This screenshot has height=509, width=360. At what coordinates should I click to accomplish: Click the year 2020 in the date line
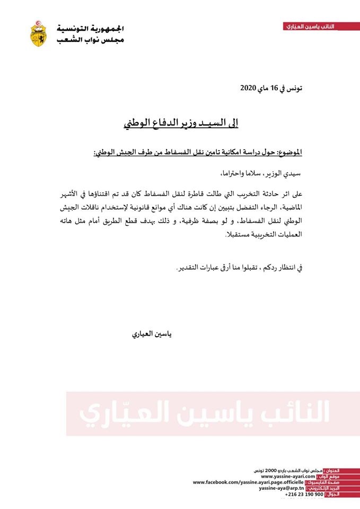248,88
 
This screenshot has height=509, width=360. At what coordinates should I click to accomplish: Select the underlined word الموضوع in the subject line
289,152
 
